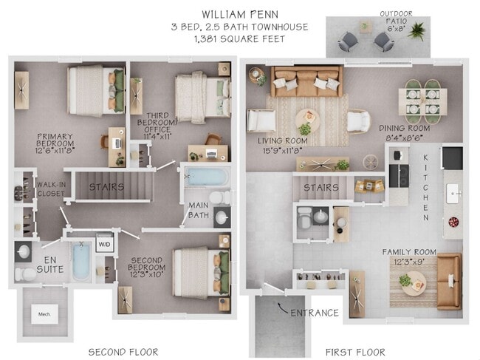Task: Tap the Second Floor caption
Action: (123, 351)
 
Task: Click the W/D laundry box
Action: (104, 244)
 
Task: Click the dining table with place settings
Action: (422, 102)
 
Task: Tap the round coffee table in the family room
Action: (414, 282)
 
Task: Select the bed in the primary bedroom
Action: (96, 90)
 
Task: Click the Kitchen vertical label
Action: (426, 188)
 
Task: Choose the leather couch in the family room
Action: (448, 281)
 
